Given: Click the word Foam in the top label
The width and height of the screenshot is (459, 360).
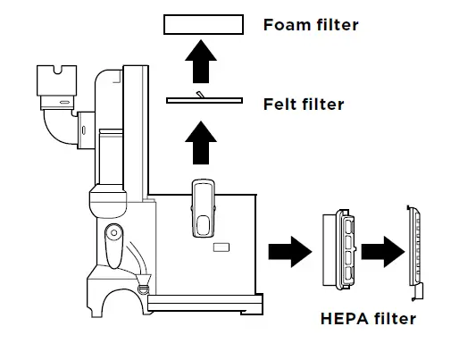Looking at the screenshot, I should click(283, 24).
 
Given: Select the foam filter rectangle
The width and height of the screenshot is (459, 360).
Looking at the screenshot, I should click(204, 25).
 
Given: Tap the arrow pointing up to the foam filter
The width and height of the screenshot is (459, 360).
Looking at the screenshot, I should click(204, 65).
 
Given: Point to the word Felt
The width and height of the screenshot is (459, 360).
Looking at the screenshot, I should click(280, 105).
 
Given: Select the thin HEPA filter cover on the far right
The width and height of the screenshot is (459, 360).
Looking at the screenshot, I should click(414, 250).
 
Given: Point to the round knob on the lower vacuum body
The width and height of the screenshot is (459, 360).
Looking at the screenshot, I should click(113, 236).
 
